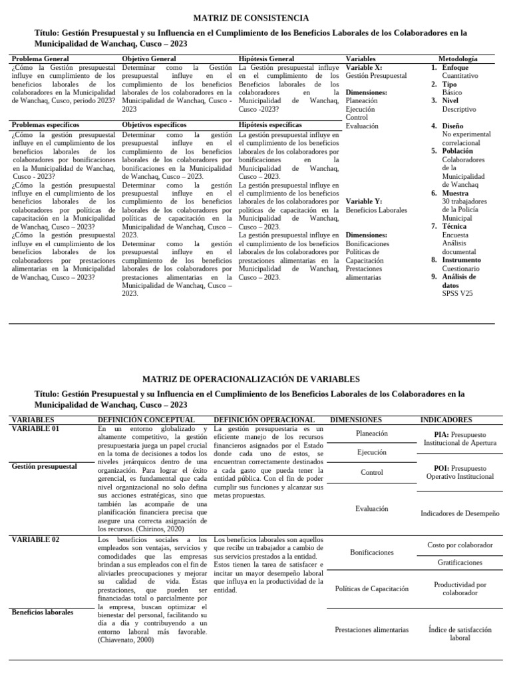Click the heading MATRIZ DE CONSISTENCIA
coord(251,18)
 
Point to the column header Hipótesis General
coord(266,59)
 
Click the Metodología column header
coord(457,59)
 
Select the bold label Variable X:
coord(364,68)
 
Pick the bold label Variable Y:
coord(364,202)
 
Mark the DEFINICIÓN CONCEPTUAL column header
coord(146,420)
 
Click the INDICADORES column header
coord(446,420)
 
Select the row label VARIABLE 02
coord(35,539)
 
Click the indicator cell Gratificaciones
coord(460,562)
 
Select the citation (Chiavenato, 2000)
coord(125,640)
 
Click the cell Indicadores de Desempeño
coord(460,513)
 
